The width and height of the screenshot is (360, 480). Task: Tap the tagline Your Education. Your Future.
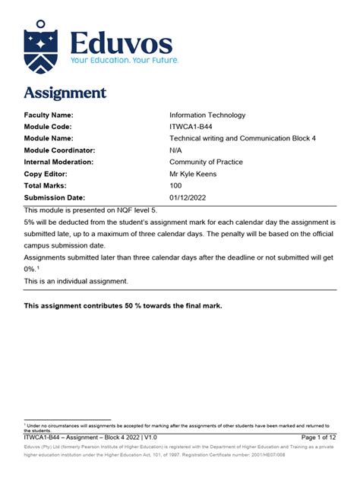tap(125, 59)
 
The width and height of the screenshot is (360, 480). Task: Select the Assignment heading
tap(65, 93)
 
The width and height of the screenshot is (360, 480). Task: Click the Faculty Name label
tap(52, 115)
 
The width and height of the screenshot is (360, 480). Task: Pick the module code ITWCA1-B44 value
tap(192, 126)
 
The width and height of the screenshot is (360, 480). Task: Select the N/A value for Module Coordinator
tap(177, 150)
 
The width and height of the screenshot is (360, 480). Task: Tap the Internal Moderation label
tap(58, 162)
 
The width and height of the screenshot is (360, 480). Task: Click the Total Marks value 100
tap(176, 185)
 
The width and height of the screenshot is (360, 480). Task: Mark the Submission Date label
tap(55, 197)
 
